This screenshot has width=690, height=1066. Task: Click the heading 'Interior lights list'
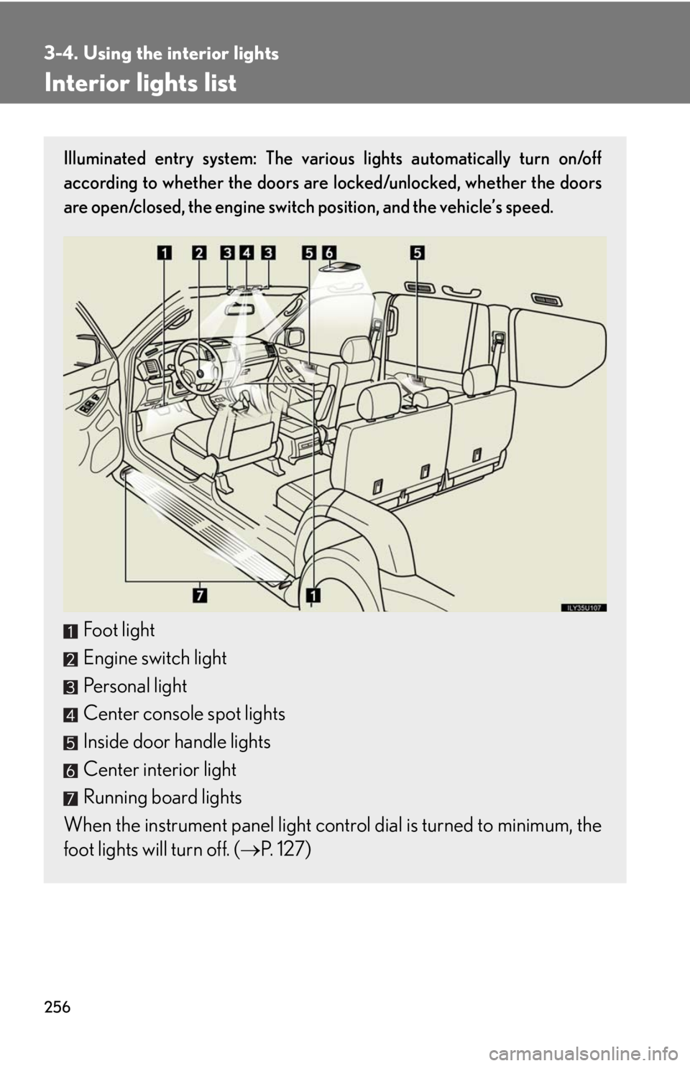click(x=140, y=83)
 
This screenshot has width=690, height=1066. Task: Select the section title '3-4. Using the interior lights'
click(x=161, y=53)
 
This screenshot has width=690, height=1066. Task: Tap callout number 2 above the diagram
click(x=198, y=252)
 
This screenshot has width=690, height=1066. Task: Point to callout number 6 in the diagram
click(x=329, y=252)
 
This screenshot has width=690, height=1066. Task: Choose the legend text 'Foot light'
click(x=119, y=630)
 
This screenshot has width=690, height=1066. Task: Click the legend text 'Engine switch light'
click(x=155, y=658)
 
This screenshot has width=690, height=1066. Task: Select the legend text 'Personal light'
click(x=135, y=686)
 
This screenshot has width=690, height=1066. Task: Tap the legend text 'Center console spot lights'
click(x=184, y=714)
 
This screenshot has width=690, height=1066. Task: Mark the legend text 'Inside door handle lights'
click(x=177, y=742)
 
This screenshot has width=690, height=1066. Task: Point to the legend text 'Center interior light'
click(x=160, y=770)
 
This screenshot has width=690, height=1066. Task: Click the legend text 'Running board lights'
click(x=162, y=797)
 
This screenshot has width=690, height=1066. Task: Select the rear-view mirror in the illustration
click(x=240, y=307)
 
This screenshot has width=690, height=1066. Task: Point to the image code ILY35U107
click(x=583, y=607)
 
